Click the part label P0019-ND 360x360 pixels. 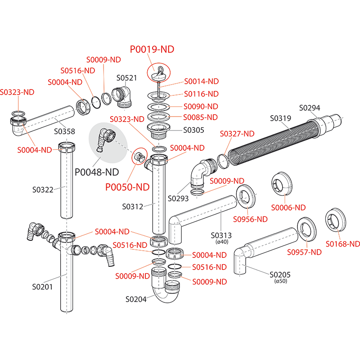click(x=152, y=49)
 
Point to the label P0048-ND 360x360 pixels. click(x=96, y=172)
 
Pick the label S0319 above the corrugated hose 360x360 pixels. click(x=281, y=119)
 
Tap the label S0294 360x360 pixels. click(x=310, y=108)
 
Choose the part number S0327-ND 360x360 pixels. click(x=237, y=134)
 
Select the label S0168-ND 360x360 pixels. click(x=343, y=244)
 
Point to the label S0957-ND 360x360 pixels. click(x=304, y=252)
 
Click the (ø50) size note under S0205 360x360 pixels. click(x=281, y=281)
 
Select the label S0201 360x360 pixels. click(x=43, y=286)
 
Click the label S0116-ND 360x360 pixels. click(x=201, y=94)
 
